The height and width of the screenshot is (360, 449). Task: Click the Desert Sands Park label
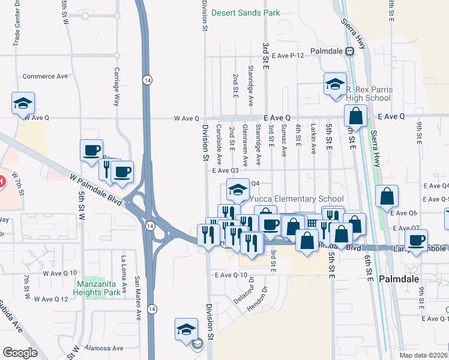(246, 12)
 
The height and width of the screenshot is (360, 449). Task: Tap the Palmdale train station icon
(349, 51)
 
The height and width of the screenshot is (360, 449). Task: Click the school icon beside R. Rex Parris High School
(335, 84)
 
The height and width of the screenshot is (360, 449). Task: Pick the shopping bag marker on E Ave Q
(355, 116)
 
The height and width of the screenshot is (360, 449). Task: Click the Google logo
(20, 352)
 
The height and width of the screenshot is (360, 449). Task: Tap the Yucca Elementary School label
(297, 199)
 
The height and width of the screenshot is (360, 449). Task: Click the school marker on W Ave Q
(23, 103)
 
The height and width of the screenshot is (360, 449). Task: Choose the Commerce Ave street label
(45, 76)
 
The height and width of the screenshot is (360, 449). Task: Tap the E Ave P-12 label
(288, 55)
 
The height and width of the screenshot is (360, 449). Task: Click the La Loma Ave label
(124, 277)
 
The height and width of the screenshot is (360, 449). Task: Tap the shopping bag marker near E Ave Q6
(387, 196)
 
